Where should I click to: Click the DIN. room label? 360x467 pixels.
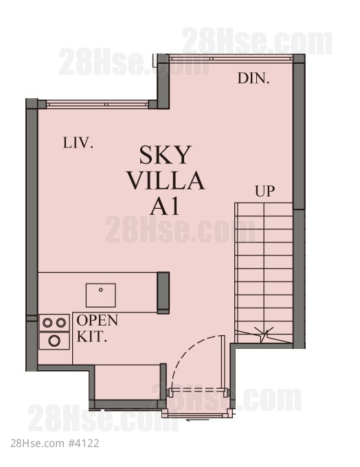[x=254, y=78]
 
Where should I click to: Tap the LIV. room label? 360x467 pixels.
[x=78, y=143]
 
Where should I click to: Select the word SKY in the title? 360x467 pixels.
[x=166, y=155]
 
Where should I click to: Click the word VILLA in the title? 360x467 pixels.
[x=166, y=181]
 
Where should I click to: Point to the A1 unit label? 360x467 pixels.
[x=165, y=206]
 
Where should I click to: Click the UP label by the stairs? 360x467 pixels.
[x=265, y=191]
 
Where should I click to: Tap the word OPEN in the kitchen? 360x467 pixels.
[x=98, y=321]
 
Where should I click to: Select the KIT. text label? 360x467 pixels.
[x=92, y=337]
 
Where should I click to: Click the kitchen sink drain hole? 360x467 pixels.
[x=101, y=290]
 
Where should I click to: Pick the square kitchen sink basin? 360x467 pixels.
[x=101, y=295]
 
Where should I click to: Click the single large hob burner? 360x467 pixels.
[x=54, y=341]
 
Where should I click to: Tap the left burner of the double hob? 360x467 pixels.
[x=47, y=323]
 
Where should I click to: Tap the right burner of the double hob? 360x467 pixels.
[x=60, y=323]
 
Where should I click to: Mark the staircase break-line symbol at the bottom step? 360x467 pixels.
[x=263, y=335]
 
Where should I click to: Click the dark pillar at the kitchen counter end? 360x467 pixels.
[x=163, y=293]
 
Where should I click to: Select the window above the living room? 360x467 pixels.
[x=97, y=104]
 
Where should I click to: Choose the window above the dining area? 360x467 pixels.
[x=231, y=58]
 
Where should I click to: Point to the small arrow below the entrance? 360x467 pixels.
[x=197, y=420]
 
